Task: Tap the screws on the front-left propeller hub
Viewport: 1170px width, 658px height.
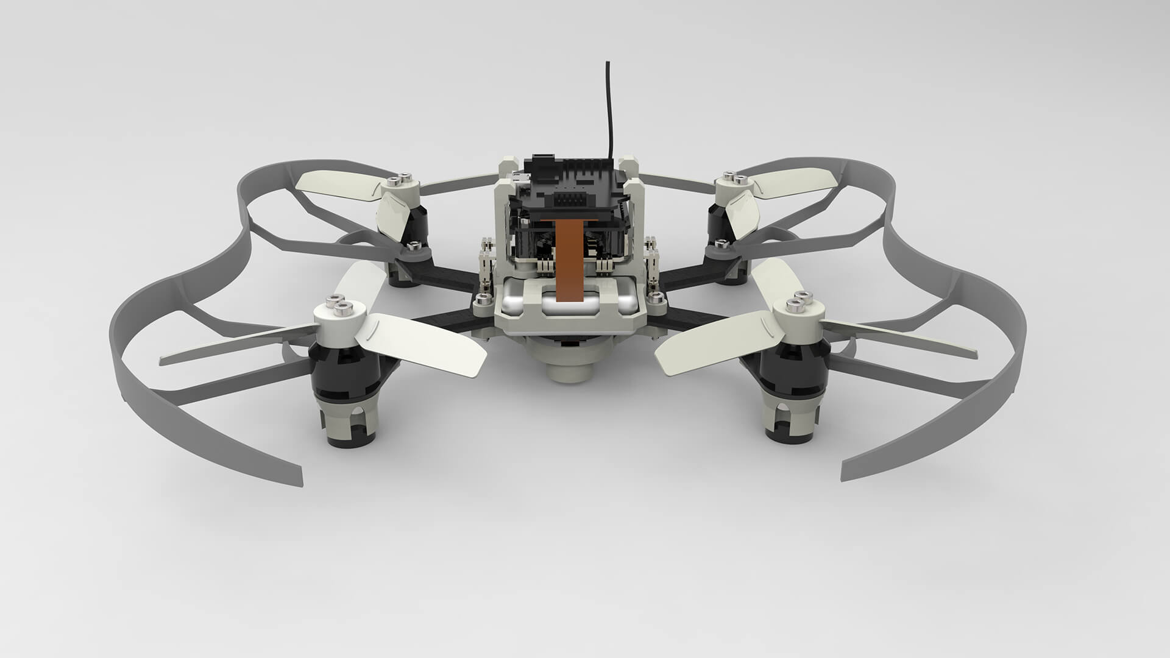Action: (336, 302)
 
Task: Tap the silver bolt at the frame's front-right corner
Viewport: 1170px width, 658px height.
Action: (656, 297)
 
